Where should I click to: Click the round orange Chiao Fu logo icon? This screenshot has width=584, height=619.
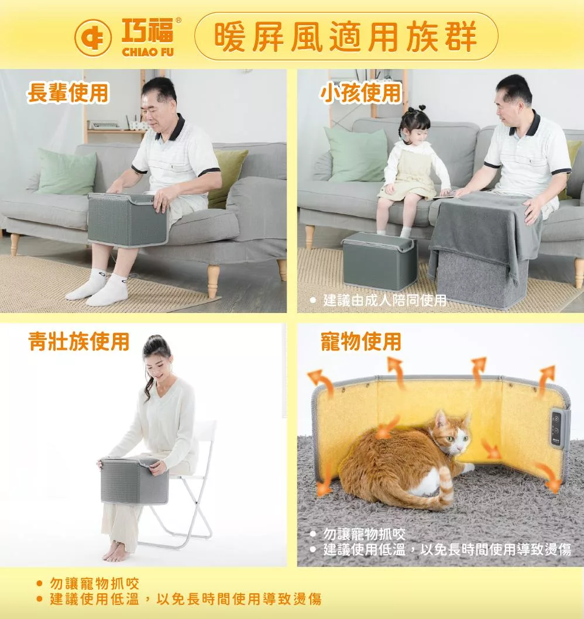[93, 38]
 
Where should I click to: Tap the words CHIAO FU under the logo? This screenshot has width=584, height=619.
[147, 52]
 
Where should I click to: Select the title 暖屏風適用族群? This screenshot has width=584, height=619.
[345, 37]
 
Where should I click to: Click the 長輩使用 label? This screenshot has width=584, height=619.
[67, 93]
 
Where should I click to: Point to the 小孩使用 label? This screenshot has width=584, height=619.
[361, 93]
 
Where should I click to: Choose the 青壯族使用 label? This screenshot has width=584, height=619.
[78, 342]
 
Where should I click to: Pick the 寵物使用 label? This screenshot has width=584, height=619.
[361, 342]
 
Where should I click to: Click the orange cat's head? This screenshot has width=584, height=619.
[452, 434]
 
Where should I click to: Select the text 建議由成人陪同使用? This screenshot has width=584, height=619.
[384, 300]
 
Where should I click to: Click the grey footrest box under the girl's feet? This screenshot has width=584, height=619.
[379, 260]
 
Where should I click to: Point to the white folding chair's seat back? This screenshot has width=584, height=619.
[206, 435]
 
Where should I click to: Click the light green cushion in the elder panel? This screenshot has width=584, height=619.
[67, 171]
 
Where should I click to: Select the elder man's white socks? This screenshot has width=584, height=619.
[99, 287]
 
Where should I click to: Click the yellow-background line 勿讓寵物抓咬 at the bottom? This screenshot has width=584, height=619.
[94, 583]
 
